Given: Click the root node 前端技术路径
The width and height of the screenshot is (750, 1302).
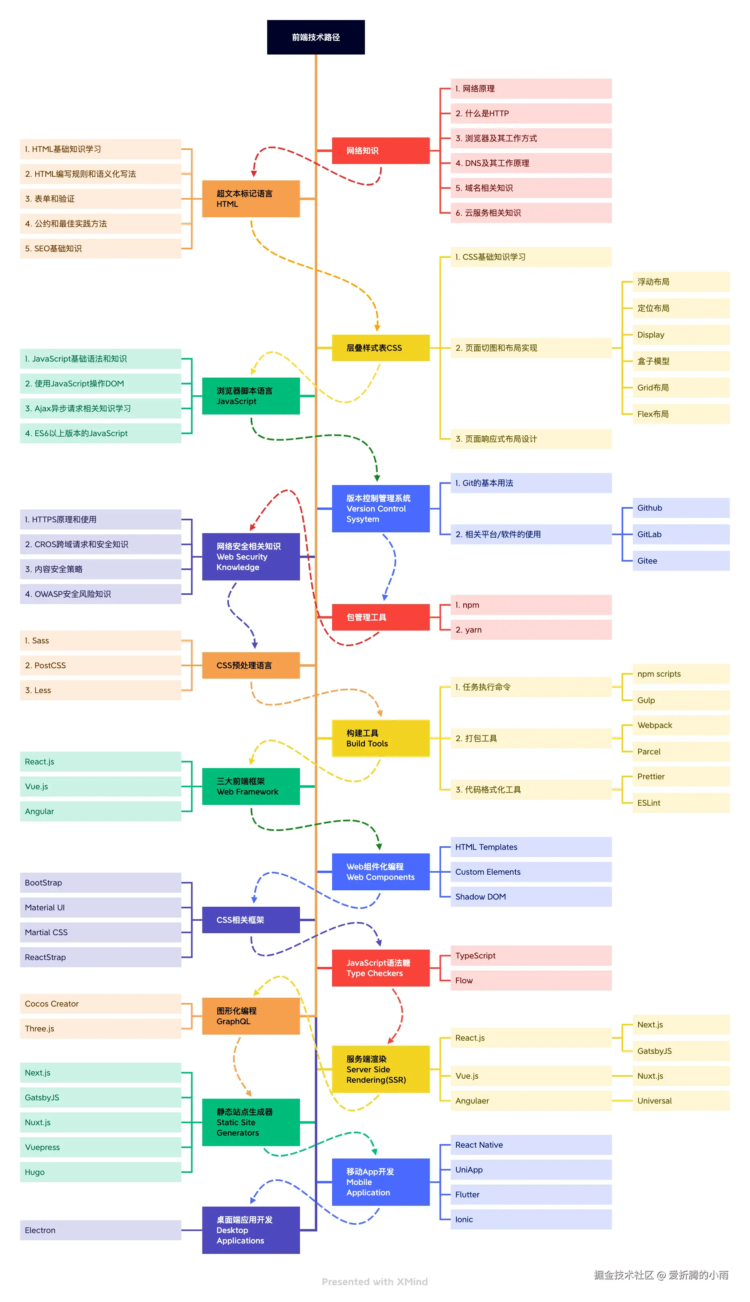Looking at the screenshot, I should [x=315, y=37].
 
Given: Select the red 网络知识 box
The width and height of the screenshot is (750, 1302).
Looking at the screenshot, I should [x=380, y=150].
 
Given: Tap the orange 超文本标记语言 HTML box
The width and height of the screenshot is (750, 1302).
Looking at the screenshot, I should [x=250, y=199].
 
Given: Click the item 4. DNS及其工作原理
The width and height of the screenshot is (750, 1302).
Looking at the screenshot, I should [x=531, y=163].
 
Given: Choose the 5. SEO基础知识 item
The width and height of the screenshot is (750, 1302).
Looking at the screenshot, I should [x=100, y=248].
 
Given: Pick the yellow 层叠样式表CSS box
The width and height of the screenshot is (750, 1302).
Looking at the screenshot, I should [x=380, y=348].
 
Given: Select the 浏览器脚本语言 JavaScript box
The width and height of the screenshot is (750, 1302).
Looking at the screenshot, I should [x=250, y=396].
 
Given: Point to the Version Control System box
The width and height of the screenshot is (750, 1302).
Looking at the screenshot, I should [x=380, y=509].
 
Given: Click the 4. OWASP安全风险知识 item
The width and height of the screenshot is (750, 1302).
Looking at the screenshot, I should [x=100, y=594].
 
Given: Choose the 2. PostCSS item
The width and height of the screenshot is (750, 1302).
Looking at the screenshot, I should [x=100, y=665].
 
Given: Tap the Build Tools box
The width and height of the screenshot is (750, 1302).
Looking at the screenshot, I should [x=380, y=738].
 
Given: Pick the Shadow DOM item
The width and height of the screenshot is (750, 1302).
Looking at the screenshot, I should [x=531, y=896].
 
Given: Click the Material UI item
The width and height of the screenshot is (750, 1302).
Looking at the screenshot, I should [x=100, y=907].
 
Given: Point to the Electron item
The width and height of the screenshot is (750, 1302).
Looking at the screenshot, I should [x=100, y=1230].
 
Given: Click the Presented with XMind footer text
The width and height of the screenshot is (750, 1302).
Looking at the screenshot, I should [x=375, y=1282].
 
